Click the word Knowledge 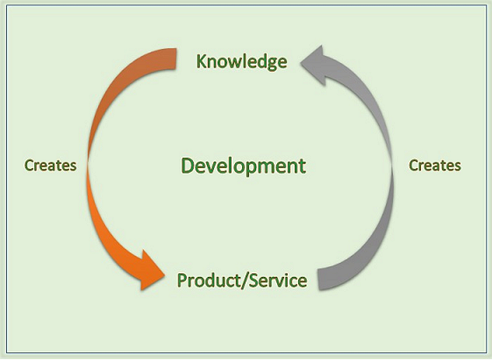[x=241, y=61]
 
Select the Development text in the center [x=243, y=166]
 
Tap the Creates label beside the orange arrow [x=50, y=165]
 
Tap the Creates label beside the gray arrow [x=434, y=165]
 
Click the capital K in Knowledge [x=202, y=61]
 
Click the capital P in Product [x=181, y=281]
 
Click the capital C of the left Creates [x=29, y=165]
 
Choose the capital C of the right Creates [x=414, y=165]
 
